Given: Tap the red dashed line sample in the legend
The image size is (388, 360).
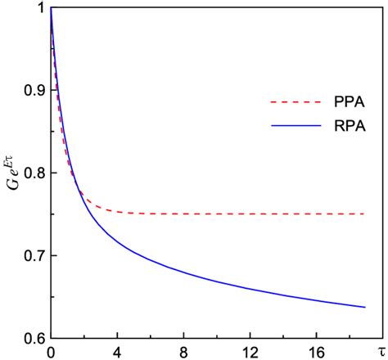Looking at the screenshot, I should tap(292, 102).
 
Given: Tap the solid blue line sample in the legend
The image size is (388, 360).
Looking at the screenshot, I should tap(292, 127).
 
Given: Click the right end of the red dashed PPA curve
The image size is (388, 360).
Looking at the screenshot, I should tap(364, 214).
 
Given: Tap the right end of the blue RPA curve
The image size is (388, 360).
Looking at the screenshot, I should tap(364, 307).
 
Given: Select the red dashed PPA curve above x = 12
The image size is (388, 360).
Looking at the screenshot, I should tap(250, 214).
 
